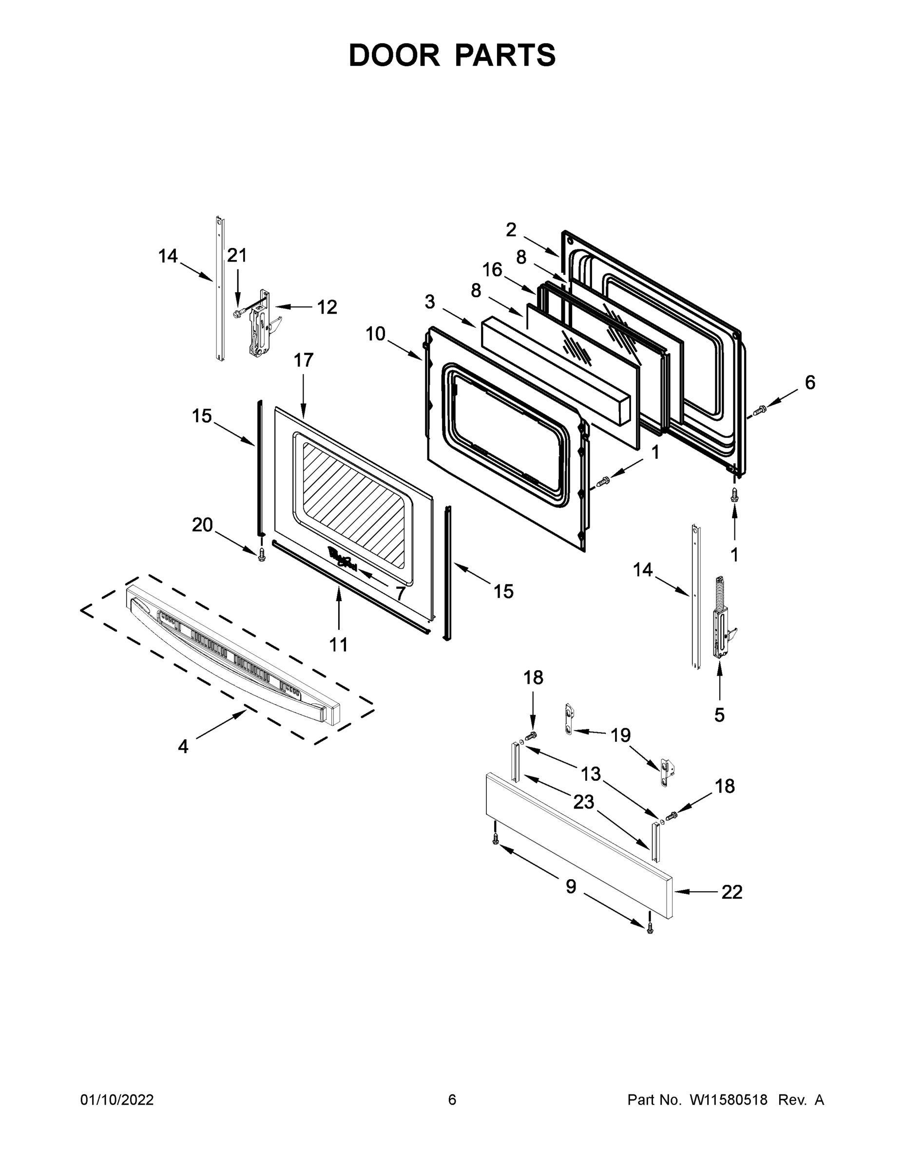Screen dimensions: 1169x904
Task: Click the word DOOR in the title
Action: pos(394,55)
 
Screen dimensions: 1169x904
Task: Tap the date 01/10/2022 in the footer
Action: pos(117,1099)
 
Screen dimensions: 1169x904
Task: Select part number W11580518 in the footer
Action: pos(729,1099)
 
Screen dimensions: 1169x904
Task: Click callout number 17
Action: pos(303,360)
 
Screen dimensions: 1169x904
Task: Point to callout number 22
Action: pos(731,892)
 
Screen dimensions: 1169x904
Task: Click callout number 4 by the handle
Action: pos(183,746)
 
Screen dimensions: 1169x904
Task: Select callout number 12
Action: pos(327,307)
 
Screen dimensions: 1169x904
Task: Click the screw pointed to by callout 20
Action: pos(262,554)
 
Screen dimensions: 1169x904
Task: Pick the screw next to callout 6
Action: pos(759,411)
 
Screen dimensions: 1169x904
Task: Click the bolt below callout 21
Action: pos(237,313)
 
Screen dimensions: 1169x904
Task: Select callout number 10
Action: pos(375,334)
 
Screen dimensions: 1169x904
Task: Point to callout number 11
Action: pos(339,644)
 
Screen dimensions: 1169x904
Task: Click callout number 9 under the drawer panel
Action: pos(571,886)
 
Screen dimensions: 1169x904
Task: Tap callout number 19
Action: pos(621,735)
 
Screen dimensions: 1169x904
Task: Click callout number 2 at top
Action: pos(511,229)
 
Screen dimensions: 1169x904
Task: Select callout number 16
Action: pos(492,270)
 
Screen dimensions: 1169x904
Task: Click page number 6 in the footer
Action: pos(452,1099)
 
